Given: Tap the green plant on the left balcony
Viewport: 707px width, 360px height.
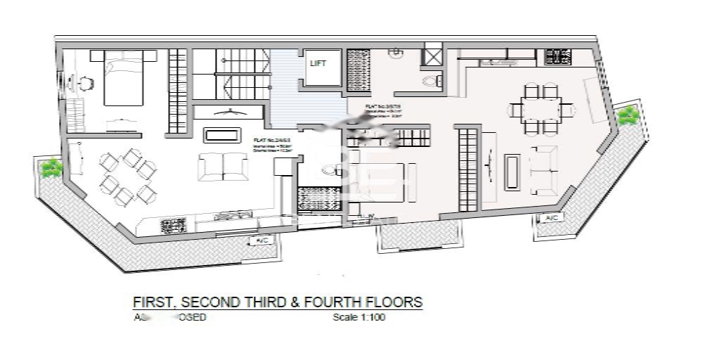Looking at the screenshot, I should click(x=51, y=168).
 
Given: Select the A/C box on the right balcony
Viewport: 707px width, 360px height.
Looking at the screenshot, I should click(x=550, y=219).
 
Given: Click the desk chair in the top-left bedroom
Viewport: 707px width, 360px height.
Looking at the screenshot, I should click(x=85, y=82).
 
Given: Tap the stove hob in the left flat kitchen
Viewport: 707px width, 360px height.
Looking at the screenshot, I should click(x=173, y=226).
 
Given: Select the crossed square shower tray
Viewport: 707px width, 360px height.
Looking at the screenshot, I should click(x=431, y=54).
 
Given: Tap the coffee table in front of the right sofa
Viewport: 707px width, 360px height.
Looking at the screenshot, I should click(x=512, y=171).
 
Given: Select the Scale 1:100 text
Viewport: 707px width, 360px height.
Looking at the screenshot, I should click(x=358, y=318).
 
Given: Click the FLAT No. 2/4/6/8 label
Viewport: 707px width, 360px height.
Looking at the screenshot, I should click(x=266, y=141).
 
